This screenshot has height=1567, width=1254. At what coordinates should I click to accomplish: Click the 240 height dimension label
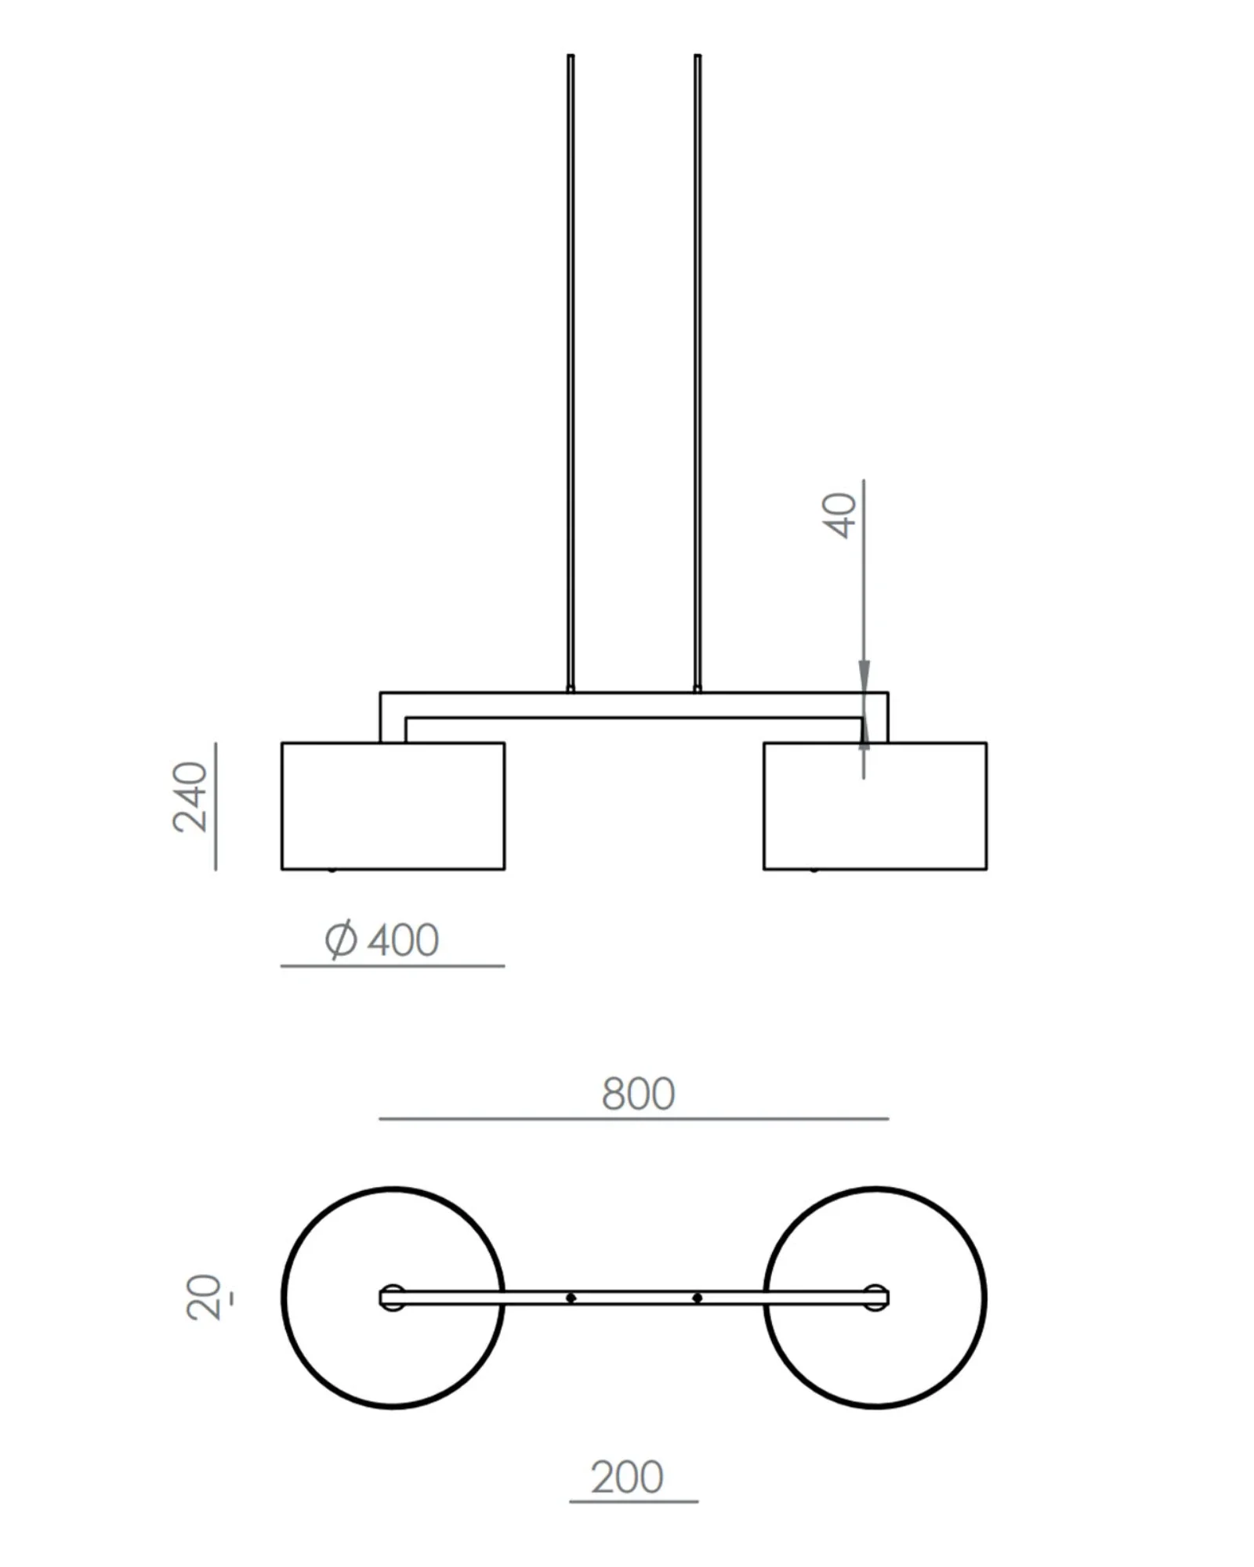pos(190,796)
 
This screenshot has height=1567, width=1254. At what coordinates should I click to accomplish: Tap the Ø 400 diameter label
pos(382,939)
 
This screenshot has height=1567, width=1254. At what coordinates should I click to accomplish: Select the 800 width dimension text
pos(638,1094)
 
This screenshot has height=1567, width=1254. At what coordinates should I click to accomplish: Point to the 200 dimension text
pos(627,1478)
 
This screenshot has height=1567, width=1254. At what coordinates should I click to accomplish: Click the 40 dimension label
pos(842,515)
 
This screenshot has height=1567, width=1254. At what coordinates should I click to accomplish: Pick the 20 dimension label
pos(205,1297)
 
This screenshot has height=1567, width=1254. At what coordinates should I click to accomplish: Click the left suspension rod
pos(571,373)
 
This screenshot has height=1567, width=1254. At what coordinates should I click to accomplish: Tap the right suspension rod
pos(698,373)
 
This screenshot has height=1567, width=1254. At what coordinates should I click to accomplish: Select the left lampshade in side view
pos(393,806)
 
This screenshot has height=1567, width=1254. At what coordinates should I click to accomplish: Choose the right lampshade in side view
pos(875,806)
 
